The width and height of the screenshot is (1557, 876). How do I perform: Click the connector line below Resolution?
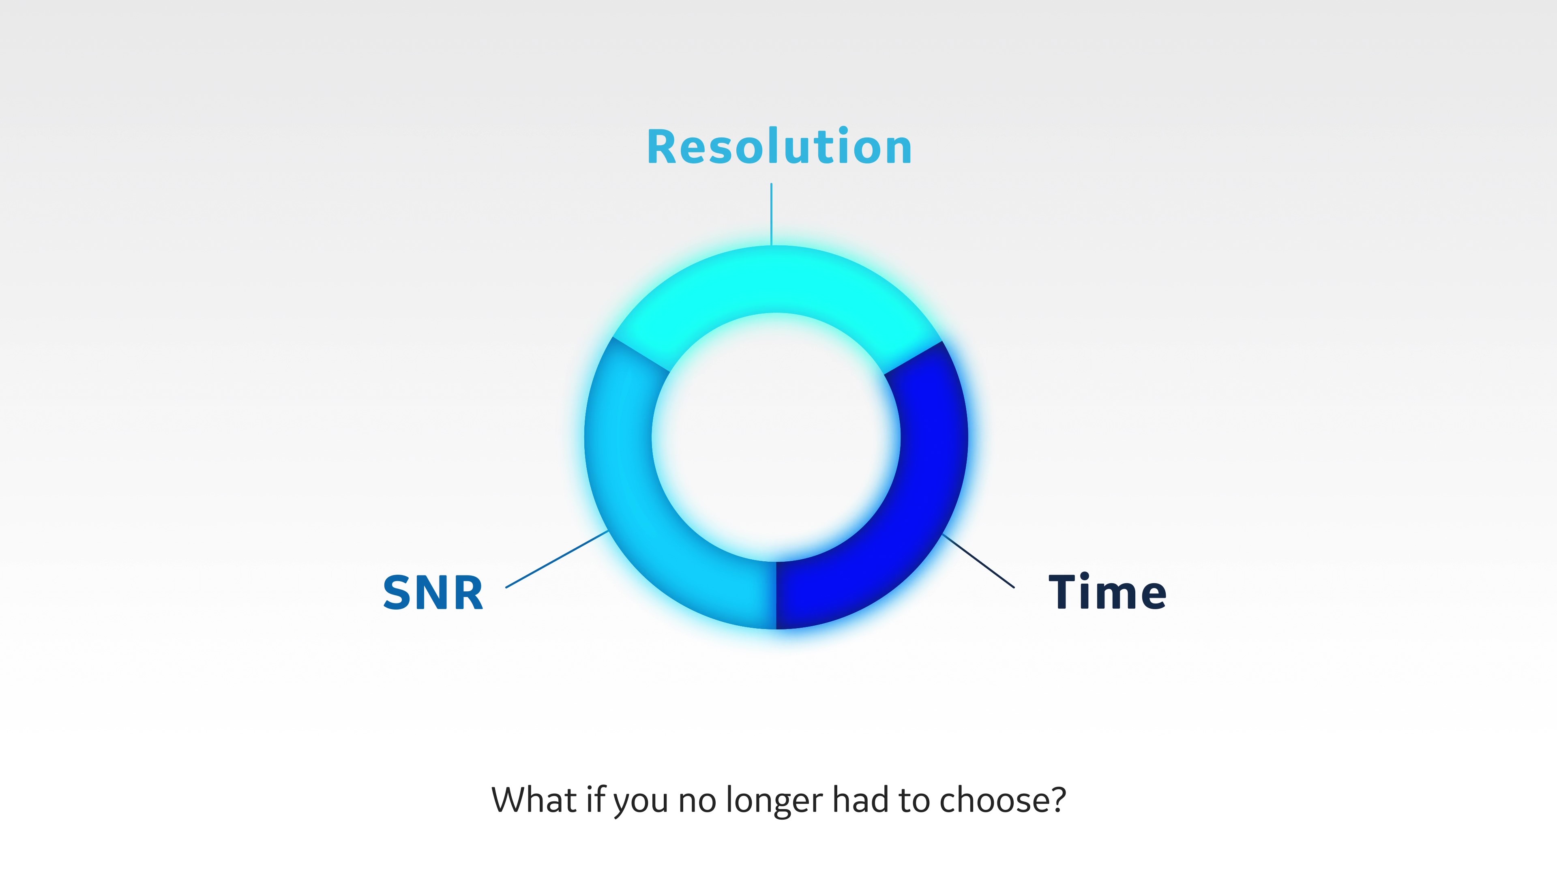tap(771, 214)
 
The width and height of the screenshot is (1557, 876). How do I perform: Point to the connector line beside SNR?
tap(557, 559)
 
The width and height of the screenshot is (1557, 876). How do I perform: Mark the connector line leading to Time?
tap(978, 561)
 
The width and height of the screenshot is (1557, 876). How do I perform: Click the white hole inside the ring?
tap(776, 437)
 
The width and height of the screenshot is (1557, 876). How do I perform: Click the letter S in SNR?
tap(397, 593)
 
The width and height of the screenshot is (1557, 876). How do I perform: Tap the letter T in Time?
tap(1064, 591)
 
